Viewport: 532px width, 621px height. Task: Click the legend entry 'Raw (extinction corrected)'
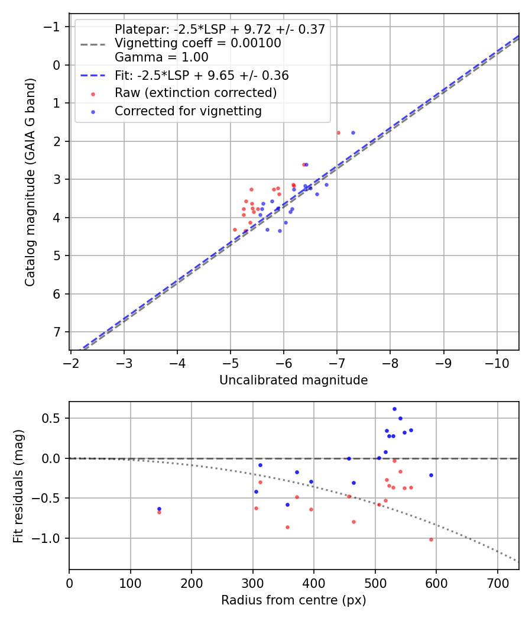(x=196, y=93)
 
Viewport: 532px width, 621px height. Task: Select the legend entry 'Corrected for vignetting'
(x=188, y=111)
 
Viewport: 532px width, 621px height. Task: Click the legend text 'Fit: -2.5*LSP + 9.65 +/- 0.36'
(x=202, y=76)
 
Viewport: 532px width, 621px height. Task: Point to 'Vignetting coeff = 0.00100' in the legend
(x=197, y=43)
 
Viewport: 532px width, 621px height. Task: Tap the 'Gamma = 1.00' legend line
(x=161, y=57)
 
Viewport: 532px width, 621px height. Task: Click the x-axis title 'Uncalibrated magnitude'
(x=293, y=380)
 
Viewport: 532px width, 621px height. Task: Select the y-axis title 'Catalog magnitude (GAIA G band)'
(x=30, y=182)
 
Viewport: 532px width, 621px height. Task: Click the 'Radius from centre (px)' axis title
(x=293, y=600)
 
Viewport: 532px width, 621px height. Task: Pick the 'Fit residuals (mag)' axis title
(x=18, y=485)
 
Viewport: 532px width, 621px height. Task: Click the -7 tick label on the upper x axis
(x=337, y=361)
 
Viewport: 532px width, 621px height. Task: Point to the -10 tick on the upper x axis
(x=497, y=361)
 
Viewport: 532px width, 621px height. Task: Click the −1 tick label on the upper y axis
(x=51, y=27)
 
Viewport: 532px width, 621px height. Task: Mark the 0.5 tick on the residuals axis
(x=54, y=418)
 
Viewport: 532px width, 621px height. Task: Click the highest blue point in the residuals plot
(x=394, y=409)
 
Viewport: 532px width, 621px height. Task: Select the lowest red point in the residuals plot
(x=431, y=539)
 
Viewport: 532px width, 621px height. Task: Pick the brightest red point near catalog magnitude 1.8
(x=338, y=132)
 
